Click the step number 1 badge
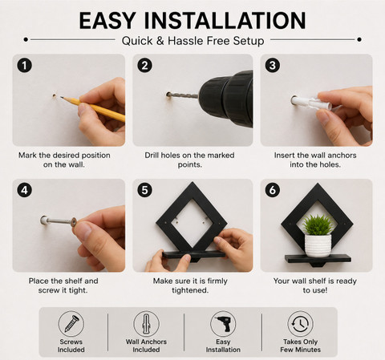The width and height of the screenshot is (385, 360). [25, 66]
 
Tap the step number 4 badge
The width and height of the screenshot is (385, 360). [25, 190]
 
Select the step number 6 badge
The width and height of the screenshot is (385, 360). [273, 190]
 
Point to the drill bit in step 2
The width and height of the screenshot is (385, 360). [184, 95]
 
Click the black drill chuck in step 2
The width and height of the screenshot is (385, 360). [226, 99]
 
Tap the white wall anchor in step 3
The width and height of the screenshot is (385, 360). [311, 103]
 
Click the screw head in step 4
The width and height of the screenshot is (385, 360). [73, 222]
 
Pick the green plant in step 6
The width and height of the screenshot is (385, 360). [318, 224]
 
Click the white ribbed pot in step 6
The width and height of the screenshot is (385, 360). [318, 245]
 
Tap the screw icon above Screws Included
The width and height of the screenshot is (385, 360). [71, 324]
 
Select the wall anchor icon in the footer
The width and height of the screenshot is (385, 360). [146, 324]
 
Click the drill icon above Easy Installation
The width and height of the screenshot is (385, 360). [223, 324]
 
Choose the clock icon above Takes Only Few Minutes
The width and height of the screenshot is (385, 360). [300, 324]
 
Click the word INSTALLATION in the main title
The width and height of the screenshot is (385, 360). [225, 21]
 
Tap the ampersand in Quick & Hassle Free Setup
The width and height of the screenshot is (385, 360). [160, 41]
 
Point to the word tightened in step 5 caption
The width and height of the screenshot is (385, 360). [190, 290]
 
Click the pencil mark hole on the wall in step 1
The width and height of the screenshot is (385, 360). [55, 95]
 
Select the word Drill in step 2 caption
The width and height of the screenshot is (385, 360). [152, 156]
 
